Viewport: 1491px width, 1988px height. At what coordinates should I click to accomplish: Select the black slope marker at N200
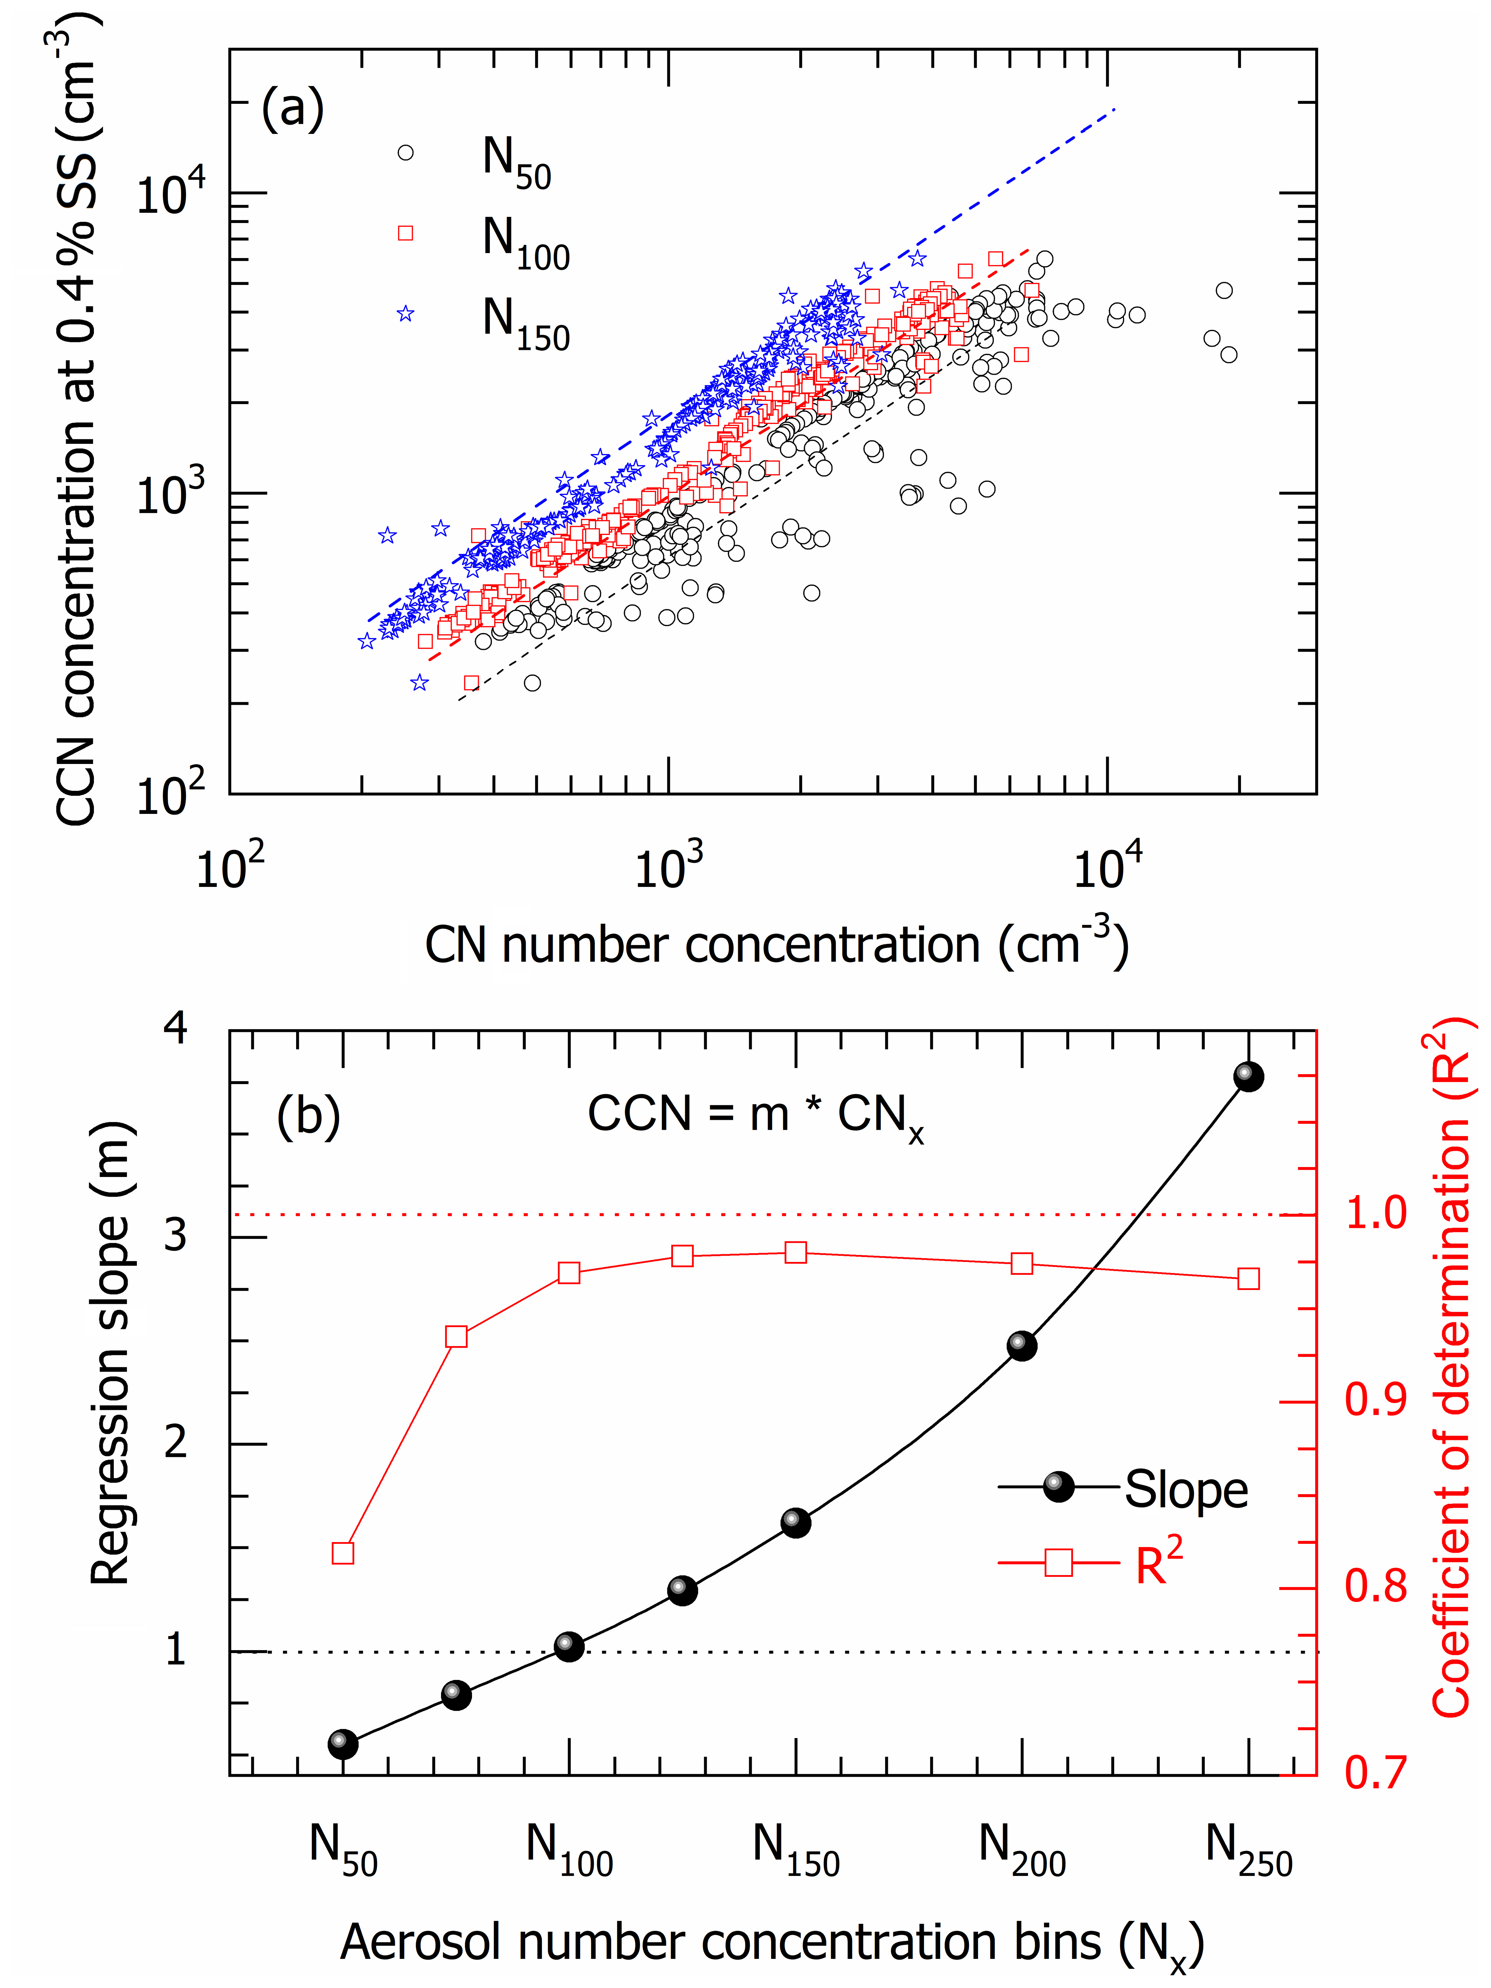pos(1022,1345)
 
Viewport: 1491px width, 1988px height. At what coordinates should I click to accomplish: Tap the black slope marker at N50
pos(343,1744)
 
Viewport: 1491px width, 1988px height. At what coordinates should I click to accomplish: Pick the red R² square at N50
pos(343,1553)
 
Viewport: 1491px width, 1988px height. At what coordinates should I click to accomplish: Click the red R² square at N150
pos(795,1252)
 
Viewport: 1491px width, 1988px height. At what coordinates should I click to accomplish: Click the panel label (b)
pos(308,1115)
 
